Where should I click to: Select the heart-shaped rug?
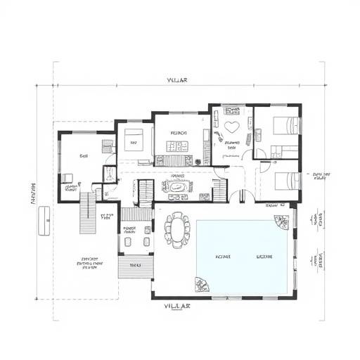click(233, 128)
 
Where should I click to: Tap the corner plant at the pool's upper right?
click(282, 221)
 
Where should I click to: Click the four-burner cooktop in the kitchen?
click(174, 146)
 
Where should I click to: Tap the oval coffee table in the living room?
click(176, 186)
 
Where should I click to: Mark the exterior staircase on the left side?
click(86, 211)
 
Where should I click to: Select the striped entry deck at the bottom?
click(134, 265)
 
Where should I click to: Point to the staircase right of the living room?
click(220, 189)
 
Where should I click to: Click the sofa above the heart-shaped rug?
click(232, 110)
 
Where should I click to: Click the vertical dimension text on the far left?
click(32, 193)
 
